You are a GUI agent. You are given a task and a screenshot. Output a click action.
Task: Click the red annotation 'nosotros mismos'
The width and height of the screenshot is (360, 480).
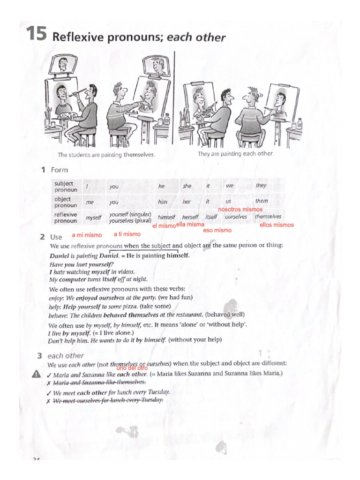point(240,210)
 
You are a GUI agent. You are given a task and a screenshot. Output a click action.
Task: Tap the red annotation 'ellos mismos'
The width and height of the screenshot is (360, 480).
point(277,225)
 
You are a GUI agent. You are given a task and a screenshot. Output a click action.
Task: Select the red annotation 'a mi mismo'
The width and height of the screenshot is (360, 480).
point(87,235)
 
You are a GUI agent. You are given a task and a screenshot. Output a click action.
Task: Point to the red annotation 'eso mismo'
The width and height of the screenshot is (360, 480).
point(217,231)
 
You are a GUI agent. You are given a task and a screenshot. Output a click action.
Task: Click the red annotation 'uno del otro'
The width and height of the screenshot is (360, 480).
point(132,368)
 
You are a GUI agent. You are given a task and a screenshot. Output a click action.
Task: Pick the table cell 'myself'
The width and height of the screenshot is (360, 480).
point(93,218)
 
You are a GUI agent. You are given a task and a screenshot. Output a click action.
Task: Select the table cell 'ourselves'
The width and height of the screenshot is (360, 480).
point(236,217)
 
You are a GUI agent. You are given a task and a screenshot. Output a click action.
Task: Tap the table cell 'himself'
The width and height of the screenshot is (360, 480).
point(166,217)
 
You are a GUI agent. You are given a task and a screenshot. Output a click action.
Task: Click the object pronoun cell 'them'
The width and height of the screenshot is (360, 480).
point(262,201)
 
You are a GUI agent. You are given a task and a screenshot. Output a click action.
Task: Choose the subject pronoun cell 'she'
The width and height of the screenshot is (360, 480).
point(187,186)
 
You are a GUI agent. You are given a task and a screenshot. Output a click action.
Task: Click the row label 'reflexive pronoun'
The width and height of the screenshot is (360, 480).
point(66,217)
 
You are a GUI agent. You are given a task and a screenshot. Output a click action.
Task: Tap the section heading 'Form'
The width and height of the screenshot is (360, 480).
point(60,170)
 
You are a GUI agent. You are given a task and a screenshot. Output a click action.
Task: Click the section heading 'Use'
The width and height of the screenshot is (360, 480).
point(56,237)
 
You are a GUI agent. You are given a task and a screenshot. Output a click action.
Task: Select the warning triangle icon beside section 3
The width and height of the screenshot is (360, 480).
point(36,374)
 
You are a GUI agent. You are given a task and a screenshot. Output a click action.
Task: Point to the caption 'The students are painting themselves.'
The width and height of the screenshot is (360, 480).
point(106,155)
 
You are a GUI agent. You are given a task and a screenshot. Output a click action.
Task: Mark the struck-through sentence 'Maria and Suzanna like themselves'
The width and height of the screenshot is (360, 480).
point(99,382)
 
